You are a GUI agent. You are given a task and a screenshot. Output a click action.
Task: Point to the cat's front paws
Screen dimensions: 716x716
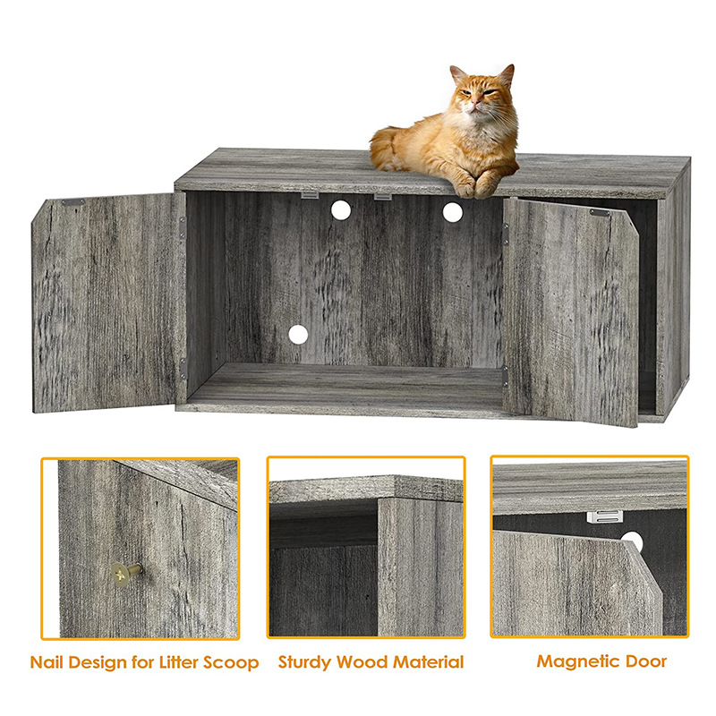click(475, 186)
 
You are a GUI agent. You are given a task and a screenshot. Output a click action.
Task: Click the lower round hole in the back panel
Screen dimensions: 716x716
click(298, 335)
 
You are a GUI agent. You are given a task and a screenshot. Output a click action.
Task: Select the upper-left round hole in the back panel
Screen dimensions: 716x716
click(341, 210)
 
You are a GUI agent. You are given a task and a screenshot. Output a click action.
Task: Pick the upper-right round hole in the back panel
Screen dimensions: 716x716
click(453, 212)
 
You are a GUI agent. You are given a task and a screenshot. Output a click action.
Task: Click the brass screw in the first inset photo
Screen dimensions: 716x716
click(125, 573)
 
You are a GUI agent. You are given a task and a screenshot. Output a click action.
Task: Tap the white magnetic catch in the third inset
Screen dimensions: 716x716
click(604, 516)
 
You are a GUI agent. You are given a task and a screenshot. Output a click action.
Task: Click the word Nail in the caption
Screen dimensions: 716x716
click(47, 662)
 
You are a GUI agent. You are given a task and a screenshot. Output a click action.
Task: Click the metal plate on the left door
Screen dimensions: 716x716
click(73, 202)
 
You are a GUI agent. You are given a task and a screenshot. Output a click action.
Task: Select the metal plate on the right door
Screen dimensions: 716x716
click(599, 212)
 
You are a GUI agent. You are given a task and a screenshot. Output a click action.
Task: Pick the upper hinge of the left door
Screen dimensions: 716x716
click(183, 228)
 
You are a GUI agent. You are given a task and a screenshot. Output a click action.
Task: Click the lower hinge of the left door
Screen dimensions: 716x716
click(183, 369)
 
